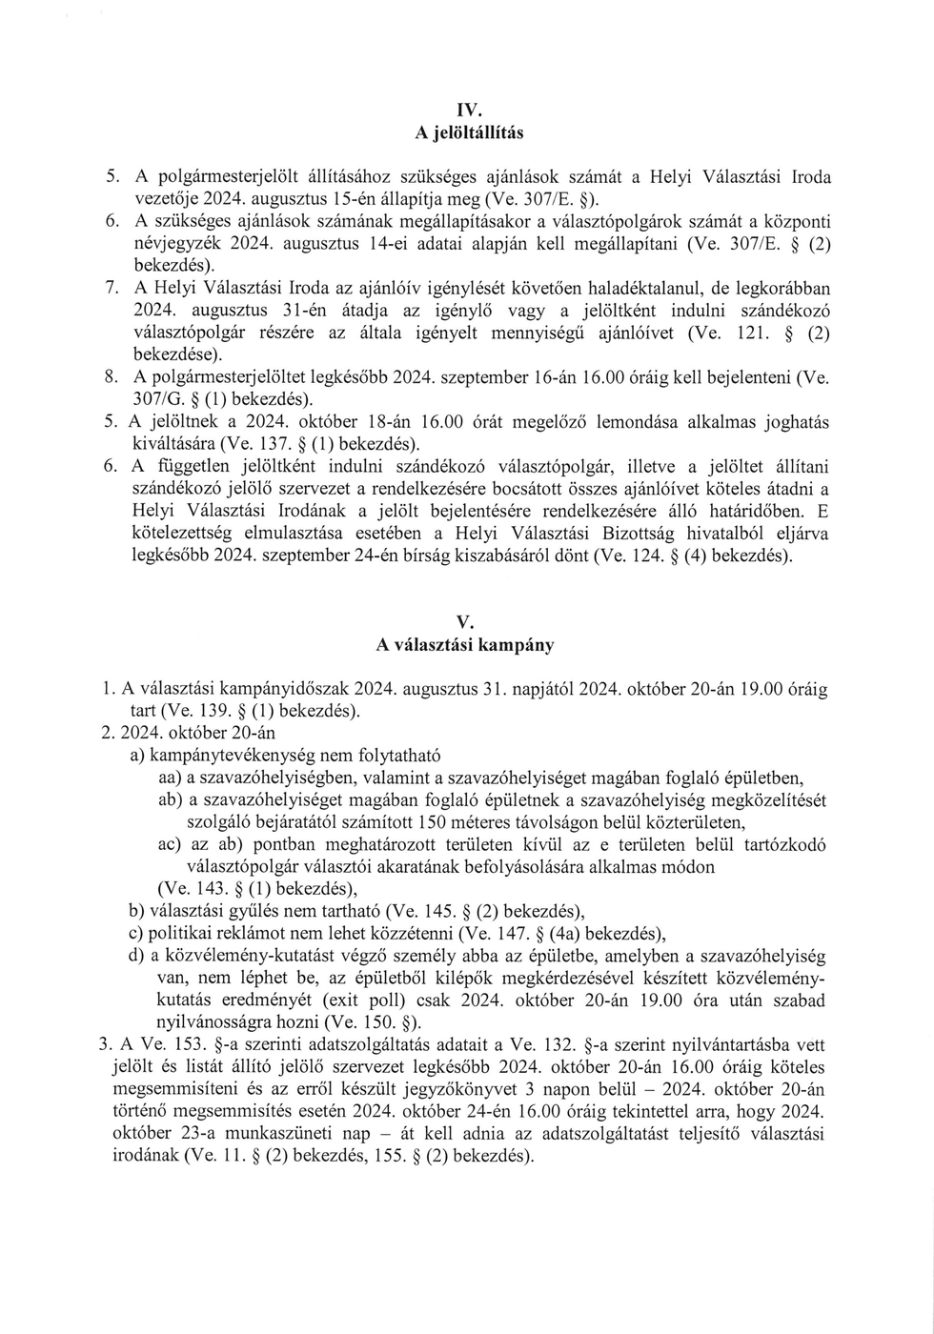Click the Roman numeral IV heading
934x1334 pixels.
tap(468, 108)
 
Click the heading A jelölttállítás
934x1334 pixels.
tap(468, 132)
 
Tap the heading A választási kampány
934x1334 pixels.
tap(466, 645)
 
